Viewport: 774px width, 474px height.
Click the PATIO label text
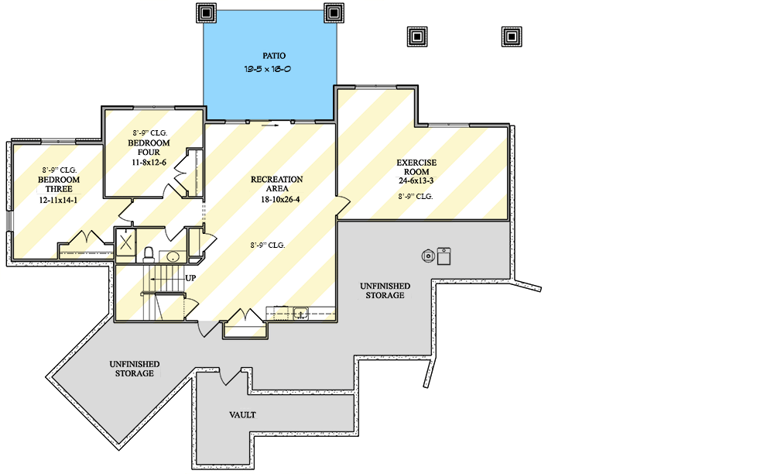pos(273,56)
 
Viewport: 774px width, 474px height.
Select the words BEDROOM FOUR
pos(149,147)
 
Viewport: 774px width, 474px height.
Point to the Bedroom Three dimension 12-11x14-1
pos(59,200)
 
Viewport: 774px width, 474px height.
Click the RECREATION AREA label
pos(276,184)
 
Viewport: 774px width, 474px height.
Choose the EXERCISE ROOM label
pos(416,167)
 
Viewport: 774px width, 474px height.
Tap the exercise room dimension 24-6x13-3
pos(416,180)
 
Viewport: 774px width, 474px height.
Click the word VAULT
pos(242,415)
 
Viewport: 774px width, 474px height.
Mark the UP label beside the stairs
pos(190,277)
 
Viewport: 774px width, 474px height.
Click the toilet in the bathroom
pos(149,253)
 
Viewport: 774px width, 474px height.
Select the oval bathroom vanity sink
pos(173,256)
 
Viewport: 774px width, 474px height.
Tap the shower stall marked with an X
pos(125,242)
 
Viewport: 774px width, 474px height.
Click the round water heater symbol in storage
pos(427,255)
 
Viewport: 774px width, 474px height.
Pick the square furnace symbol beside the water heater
pos(444,256)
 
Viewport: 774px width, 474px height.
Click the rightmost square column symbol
pos(510,36)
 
